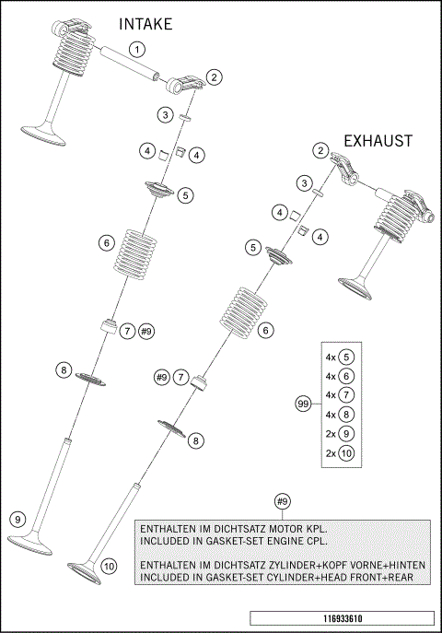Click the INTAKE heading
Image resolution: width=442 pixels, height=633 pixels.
tap(145, 24)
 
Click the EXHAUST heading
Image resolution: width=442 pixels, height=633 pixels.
tap(378, 141)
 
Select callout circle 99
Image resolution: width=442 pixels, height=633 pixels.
tap(301, 404)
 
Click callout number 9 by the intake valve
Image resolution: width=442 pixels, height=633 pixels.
tap(17, 520)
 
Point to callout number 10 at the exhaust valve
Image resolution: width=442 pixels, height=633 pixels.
tap(109, 566)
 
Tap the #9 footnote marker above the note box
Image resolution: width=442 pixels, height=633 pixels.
tap(283, 501)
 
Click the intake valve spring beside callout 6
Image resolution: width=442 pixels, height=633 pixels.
tap(135, 250)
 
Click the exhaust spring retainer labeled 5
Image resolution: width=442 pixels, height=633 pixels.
tap(279, 255)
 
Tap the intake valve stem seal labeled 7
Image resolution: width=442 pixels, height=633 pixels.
tap(108, 326)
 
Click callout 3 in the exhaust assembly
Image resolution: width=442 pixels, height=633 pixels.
tap(302, 184)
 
